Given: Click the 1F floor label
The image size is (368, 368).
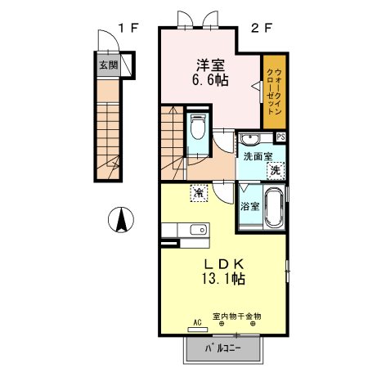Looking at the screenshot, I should (x=129, y=28).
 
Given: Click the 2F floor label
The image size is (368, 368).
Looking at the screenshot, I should (x=261, y=28).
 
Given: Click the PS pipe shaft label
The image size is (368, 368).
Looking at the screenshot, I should (x=280, y=137).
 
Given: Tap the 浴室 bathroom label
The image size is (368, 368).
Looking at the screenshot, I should (x=249, y=206).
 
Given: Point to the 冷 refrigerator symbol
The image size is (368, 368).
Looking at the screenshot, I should (x=200, y=192).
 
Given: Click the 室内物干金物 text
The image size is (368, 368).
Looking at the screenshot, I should (x=237, y=316).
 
